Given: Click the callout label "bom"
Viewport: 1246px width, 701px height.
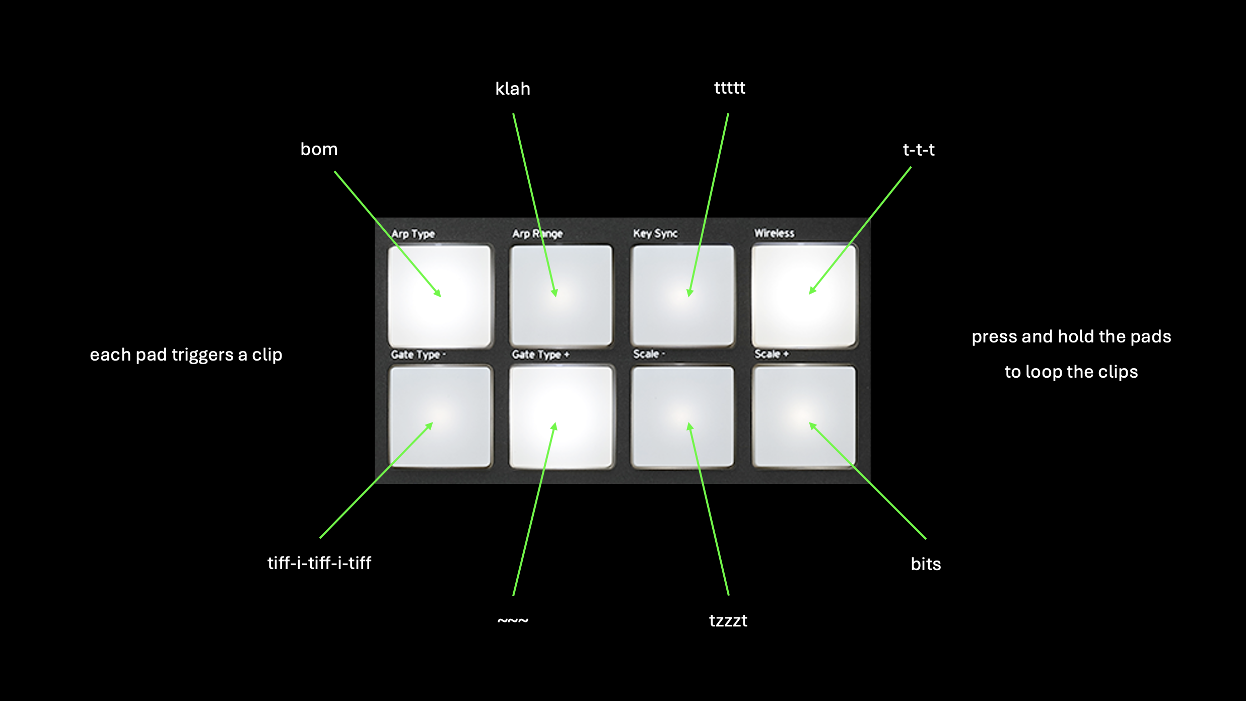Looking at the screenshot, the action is tap(319, 149).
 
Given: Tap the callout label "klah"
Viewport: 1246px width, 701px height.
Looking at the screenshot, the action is tap(513, 89).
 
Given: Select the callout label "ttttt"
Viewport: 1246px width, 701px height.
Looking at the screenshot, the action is tap(729, 88).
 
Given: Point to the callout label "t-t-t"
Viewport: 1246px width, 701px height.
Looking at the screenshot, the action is tap(919, 150).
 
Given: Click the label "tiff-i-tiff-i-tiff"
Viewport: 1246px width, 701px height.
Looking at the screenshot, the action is tap(319, 563).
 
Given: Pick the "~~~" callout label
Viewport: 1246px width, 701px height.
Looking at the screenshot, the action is tap(513, 620).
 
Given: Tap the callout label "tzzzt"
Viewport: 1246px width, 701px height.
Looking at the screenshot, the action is tap(728, 620).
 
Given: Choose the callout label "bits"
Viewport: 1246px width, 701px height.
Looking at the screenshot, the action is tap(926, 564).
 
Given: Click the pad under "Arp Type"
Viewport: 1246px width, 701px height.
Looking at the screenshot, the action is tap(439, 296).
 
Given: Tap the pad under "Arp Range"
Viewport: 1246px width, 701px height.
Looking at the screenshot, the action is tap(561, 296).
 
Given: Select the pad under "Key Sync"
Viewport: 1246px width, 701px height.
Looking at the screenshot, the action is tap(682, 296).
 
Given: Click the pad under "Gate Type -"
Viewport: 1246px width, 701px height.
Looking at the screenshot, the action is tap(440, 417).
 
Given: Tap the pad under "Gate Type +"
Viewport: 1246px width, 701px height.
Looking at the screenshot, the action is tap(562, 417).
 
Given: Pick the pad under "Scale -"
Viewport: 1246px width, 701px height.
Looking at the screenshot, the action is tap(682, 417).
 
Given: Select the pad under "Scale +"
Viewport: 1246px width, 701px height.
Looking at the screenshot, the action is tap(804, 417).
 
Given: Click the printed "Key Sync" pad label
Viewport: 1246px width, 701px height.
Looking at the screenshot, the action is tap(655, 234).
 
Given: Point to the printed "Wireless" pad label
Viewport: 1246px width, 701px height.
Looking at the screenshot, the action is tap(774, 233).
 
